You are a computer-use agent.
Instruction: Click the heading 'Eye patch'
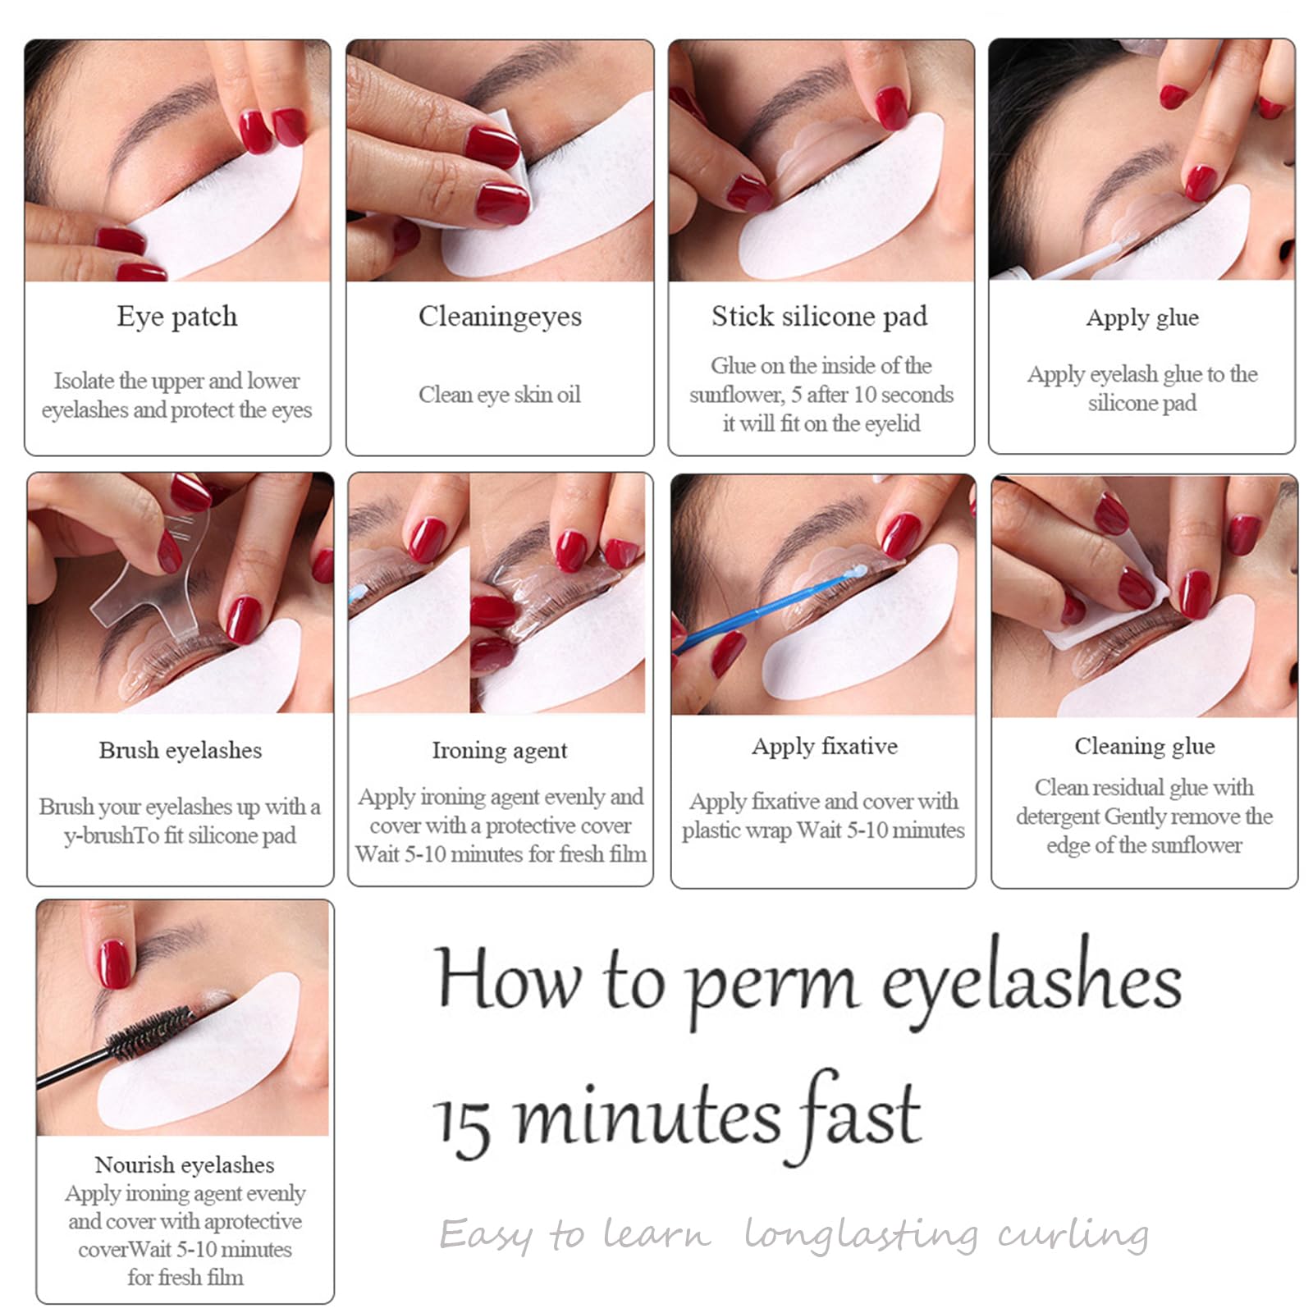point(177,317)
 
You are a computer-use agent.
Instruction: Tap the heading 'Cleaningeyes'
point(500,317)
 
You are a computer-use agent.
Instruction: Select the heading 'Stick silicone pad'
point(820,316)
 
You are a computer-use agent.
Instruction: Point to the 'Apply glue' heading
point(1142,318)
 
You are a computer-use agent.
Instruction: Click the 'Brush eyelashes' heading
point(181,750)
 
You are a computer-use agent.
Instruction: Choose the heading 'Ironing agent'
point(500,751)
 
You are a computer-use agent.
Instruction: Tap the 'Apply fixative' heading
point(825,747)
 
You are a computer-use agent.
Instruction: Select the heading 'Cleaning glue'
point(1145,746)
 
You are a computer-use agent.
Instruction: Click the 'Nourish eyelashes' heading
point(185,1164)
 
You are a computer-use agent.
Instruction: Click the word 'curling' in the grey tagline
point(1073,1234)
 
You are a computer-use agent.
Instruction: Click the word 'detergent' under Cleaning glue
point(1058,817)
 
